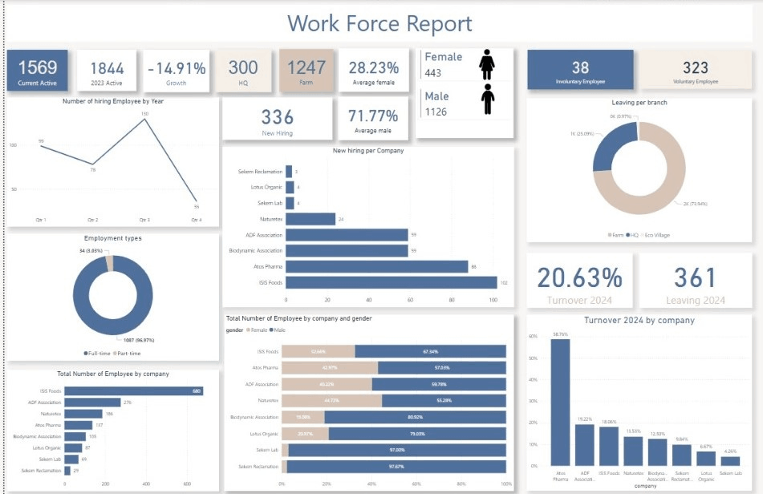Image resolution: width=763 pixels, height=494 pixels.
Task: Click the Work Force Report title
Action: [x=379, y=23]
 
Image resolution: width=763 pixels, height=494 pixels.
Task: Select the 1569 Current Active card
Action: [x=37, y=70]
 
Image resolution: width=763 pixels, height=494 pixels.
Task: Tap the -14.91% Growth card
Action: [x=177, y=70]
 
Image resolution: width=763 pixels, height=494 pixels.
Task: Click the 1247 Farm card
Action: [x=306, y=70]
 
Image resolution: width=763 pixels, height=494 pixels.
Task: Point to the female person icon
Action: [x=486, y=64]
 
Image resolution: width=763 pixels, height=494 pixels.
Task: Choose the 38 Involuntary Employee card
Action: [x=580, y=70]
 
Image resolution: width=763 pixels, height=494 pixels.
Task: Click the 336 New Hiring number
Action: [x=277, y=117]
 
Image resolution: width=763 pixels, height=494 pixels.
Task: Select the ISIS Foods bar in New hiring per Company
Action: [x=391, y=282]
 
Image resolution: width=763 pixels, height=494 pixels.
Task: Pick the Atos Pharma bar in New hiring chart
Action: [x=376, y=266]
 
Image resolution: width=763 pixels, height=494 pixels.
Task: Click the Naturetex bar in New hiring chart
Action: [x=310, y=218]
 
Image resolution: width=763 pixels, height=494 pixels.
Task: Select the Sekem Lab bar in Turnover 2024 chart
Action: [x=729, y=461]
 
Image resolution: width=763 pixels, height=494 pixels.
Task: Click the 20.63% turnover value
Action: [x=579, y=277]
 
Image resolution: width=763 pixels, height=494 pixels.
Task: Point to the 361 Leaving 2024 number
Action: [x=695, y=277]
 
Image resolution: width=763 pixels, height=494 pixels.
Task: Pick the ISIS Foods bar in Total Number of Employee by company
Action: [x=133, y=391]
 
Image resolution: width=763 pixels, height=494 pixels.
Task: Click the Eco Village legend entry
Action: [x=657, y=235]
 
